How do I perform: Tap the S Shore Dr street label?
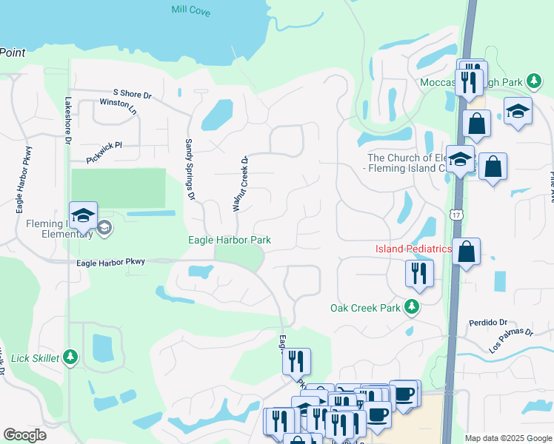coord(132,95)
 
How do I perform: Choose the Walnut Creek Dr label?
coord(239,184)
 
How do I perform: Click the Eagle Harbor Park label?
coord(229,240)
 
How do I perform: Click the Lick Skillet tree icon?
coord(70,357)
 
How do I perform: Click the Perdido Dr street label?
coord(487,323)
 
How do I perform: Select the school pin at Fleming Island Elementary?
coord(83,215)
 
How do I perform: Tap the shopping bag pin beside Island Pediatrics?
coord(466,252)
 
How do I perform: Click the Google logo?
coord(24,435)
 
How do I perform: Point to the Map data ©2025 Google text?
coord(507,438)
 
